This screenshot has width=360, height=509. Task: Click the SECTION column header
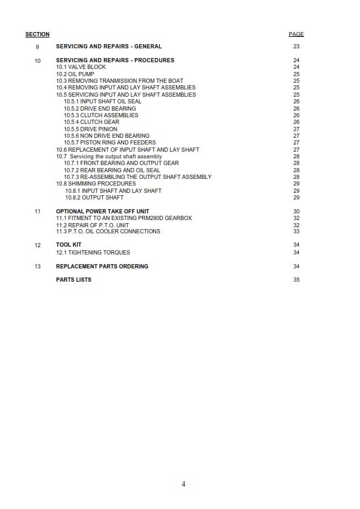click(x=38, y=34)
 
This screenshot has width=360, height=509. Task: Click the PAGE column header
click(x=296, y=34)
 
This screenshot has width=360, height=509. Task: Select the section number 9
click(x=38, y=47)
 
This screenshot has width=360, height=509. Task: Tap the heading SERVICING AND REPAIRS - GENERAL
click(x=109, y=47)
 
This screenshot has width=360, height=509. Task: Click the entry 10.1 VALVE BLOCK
click(x=81, y=67)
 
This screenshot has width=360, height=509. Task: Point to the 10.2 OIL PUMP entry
click(x=75, y=74)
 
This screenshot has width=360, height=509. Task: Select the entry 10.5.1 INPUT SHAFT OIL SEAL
click(x=103, y=102)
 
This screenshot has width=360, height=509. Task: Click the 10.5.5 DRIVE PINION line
click(x=91, y=129)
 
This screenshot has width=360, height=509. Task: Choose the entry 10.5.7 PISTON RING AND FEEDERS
click(x=110, y=143)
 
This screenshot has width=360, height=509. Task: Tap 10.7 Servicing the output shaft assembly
click(x=109, y=157)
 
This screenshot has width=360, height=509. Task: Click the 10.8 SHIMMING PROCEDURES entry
click(x=96, y=184)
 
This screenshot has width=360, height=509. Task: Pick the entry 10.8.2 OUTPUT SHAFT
click(x=94, y=198)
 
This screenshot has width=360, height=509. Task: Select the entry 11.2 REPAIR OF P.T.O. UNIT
click(x=93, y=225)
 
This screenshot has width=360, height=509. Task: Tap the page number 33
click(x=296, y=232)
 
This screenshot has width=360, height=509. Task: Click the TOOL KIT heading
click(x=69, y=245)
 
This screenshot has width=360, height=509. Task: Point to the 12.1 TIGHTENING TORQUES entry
click(x=93, y=253)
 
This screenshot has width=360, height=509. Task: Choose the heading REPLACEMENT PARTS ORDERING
click(x=102, y=267)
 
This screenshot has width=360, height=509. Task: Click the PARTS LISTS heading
click(x=74, y=280)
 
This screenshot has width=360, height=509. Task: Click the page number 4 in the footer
click(x=183, y=484)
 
